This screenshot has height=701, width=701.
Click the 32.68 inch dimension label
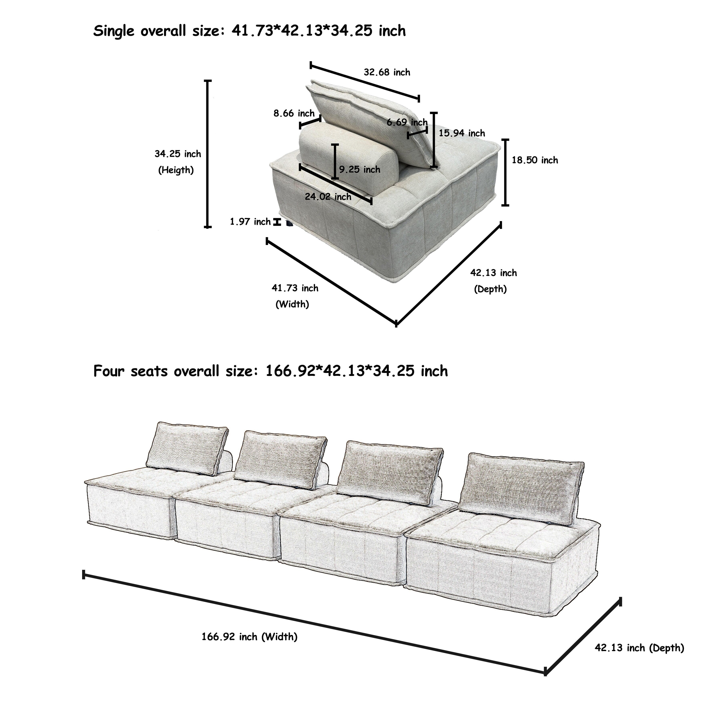coord(387,73)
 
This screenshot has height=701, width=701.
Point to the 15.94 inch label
coord(462,133)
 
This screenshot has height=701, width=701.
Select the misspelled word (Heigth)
coord(176,170)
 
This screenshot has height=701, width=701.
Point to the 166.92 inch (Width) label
coord(250,637)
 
